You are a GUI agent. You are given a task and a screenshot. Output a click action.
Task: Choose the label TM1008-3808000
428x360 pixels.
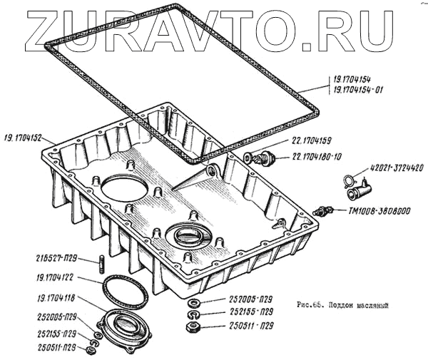click(x=382, y=211)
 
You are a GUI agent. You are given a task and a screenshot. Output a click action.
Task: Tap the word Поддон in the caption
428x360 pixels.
click(x=345, y=304)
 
